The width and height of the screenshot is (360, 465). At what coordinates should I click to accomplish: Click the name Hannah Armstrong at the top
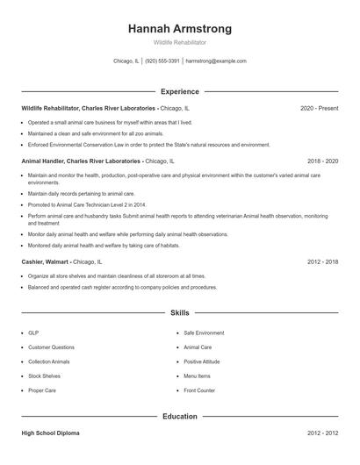click(x=180, y=29)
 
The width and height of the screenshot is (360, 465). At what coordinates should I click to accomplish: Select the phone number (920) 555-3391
click(x=162, y=61)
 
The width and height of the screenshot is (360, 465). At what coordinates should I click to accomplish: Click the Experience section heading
click(x=180, y=91)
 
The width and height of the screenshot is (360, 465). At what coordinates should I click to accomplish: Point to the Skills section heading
click(x=180, y=312)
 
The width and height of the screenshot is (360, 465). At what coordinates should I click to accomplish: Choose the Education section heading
click(x=180, y=417)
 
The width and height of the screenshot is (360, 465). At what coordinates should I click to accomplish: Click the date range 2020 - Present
click(x=319, y=108)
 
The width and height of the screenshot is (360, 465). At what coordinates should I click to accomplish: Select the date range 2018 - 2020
click(x=322, y=161)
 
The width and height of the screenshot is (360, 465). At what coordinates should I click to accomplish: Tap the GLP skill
click(x=33, y=333)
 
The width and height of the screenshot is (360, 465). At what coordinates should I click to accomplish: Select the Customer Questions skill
click(x=51, y=347)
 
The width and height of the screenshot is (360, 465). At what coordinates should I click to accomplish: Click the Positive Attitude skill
click(x=202, y=361)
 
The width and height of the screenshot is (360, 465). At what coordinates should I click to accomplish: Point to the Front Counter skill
click(x=199, y=390)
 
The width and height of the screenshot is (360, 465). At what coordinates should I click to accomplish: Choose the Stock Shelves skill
click(x=45, y=376)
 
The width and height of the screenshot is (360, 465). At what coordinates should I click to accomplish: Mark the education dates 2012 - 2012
click(x=322, y=433)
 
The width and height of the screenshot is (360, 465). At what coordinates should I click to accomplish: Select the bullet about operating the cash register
click(x=122, y=287)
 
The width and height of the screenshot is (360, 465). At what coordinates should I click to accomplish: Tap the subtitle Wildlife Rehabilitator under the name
click(x=180, y=42)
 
